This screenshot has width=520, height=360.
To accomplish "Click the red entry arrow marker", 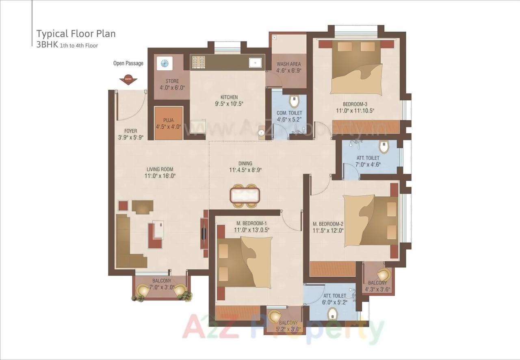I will point(128,80).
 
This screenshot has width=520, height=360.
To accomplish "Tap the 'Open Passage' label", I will point(128,63).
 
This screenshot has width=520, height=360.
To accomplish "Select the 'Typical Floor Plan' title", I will point(76,33).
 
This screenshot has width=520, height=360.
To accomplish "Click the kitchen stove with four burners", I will point(198,61).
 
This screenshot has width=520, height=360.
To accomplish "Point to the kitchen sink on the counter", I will point(255,63).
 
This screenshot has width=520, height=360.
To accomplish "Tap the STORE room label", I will point(172,81).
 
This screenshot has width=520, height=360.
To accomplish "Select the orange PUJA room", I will point(169,123).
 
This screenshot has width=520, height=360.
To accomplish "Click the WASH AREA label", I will point(288,64).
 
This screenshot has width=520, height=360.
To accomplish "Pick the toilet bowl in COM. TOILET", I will point(294,101).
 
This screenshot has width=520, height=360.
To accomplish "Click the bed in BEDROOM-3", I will point(356,68).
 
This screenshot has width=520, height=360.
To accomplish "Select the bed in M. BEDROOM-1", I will point(244,262).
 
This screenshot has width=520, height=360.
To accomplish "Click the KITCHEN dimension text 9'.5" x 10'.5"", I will point(229,104).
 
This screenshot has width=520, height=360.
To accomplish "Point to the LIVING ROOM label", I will point(160,169).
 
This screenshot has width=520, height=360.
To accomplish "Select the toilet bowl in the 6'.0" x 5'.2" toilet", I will point(333,313).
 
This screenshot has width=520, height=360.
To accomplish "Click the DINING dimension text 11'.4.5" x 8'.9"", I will point(245,170).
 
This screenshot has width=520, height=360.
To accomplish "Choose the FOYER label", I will point(130,131).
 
